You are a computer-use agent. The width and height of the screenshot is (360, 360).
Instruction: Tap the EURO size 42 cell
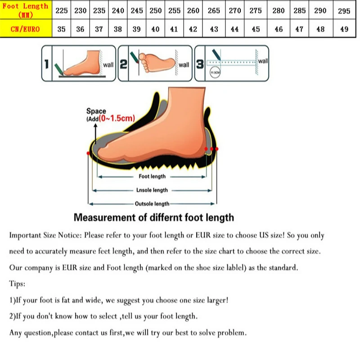click(x=193, y=29)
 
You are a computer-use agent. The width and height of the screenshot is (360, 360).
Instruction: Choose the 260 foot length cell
click(x=193, y=11)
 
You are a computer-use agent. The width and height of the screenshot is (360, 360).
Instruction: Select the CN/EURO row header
click(x=25, y=29)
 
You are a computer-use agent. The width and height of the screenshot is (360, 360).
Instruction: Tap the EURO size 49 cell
click(x=344, y=29)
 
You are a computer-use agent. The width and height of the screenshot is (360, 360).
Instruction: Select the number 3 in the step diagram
click(x=200, y=64)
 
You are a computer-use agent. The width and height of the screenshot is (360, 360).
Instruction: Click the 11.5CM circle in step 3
click(x=215, y=72)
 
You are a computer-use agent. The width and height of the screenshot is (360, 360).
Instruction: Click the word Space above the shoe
click(x=96, y=111)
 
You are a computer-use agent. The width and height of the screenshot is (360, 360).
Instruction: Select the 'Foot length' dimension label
click(x=152, y=176)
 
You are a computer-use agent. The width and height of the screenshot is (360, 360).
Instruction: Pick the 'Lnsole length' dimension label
click(x=152, y=190)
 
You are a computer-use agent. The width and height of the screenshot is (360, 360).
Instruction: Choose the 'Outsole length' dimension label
click(x=152, y=203)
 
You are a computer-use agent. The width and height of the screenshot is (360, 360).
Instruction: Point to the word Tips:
click(x=17, y=284)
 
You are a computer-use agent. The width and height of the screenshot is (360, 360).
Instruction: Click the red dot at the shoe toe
click(x=88, y=153)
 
